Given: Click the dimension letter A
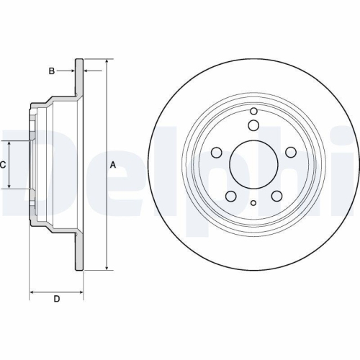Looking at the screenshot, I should click(x=112, y=165).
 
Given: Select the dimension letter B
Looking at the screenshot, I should click(x=51, y=71).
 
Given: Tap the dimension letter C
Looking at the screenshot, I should click(x=3, y=165).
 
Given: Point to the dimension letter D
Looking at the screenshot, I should click(x=56, y=300).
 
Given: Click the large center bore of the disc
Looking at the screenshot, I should click(x=253, y=165).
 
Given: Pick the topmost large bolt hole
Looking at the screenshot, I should click(x=253, y=126).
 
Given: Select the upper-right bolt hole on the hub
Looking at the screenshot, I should click(x=291, y=153).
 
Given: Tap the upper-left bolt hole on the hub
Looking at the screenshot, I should click(x=217, y=153).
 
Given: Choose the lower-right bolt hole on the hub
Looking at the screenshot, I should click(x=276, y=197).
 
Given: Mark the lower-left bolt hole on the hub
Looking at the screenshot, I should click(x=230, y=197).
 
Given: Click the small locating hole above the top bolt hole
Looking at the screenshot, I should click(x=253, y=110).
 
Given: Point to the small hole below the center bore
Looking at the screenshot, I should click(x=253, y=204).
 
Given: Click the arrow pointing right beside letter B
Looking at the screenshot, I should click(x=73, y=71).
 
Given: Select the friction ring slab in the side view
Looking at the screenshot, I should click(x=80, y=165).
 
